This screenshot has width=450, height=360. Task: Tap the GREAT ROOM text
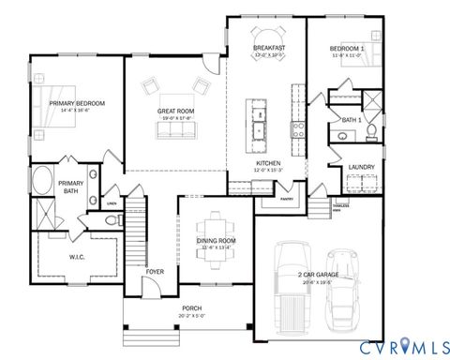pyautogui.click(x=175, y=112)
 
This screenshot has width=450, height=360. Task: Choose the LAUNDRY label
pyautogui.click(x=362, y=168)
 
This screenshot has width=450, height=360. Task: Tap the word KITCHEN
pyautogui.click(x=269, y=163)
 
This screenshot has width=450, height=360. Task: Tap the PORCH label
pyautogui.click(x=191, y=310)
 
